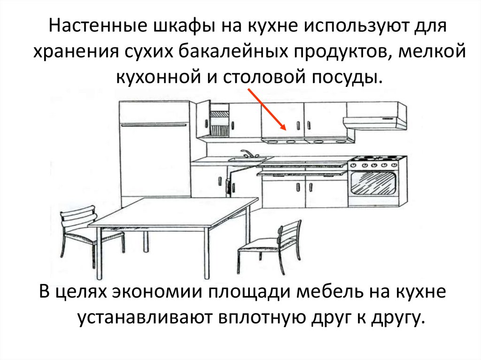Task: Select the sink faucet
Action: coord(246,153)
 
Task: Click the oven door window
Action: coord(373,184)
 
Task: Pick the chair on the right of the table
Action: coord(272,244)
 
